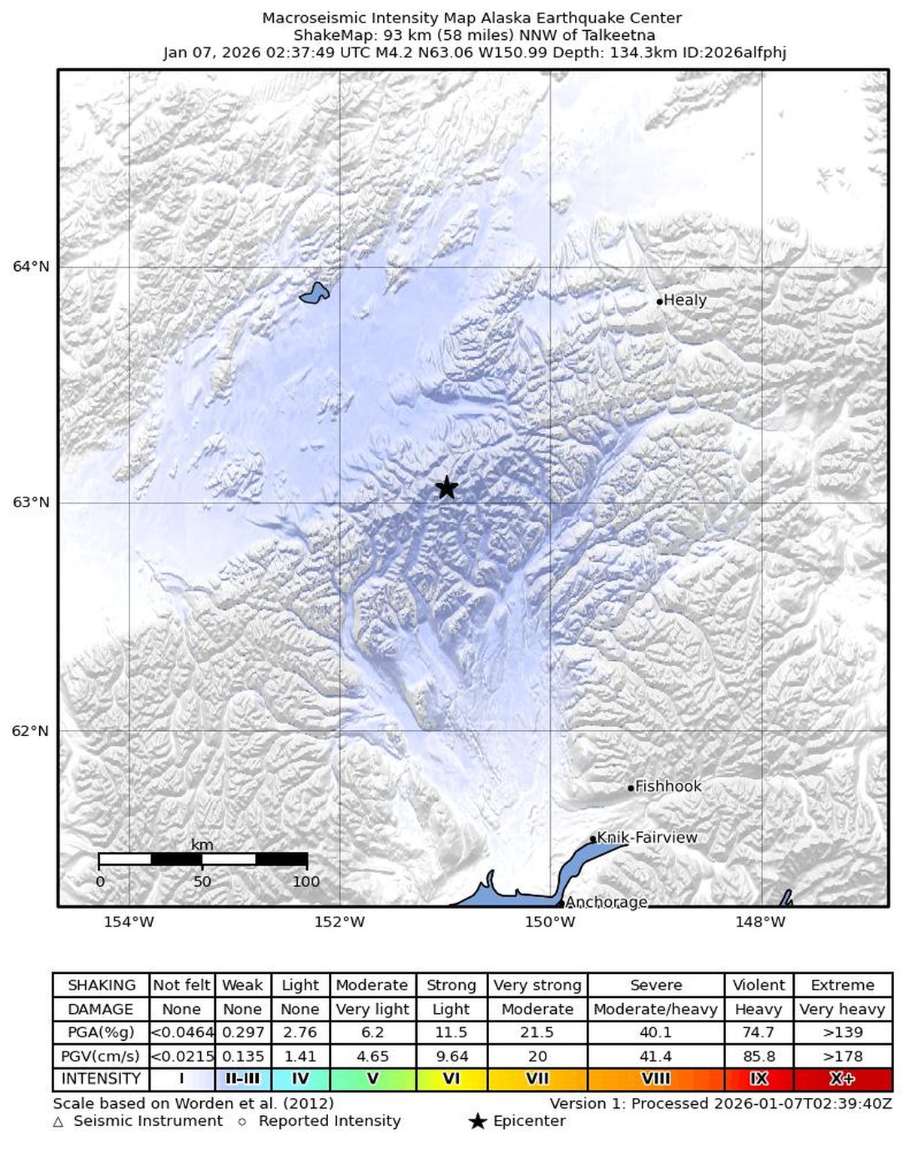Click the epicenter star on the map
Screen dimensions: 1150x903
[447, 487]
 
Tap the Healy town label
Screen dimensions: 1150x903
[685, 300]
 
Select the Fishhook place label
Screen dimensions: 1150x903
[667, 786]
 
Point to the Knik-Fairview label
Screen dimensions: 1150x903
[646, 837]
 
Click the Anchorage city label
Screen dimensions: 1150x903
[606, 902]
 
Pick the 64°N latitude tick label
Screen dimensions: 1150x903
[31, 266]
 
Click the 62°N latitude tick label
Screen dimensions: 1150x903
[31, 731]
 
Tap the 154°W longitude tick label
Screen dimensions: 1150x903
[129, 922]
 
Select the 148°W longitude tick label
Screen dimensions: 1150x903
[761, 922]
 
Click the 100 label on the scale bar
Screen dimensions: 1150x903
[306, 881]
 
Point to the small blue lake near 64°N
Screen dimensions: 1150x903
[315, 293]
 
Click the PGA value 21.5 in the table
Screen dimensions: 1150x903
[537, 1033]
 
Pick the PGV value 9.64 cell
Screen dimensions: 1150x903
[451, 1057]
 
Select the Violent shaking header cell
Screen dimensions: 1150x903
[759, 985]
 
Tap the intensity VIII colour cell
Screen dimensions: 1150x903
[655, 1079]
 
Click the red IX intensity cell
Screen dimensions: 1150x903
[759, 1079]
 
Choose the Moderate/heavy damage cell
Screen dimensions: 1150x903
[655, 1009]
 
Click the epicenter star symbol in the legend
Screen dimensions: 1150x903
[477, 1121]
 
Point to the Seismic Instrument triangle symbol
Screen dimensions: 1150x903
[59, 1122]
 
